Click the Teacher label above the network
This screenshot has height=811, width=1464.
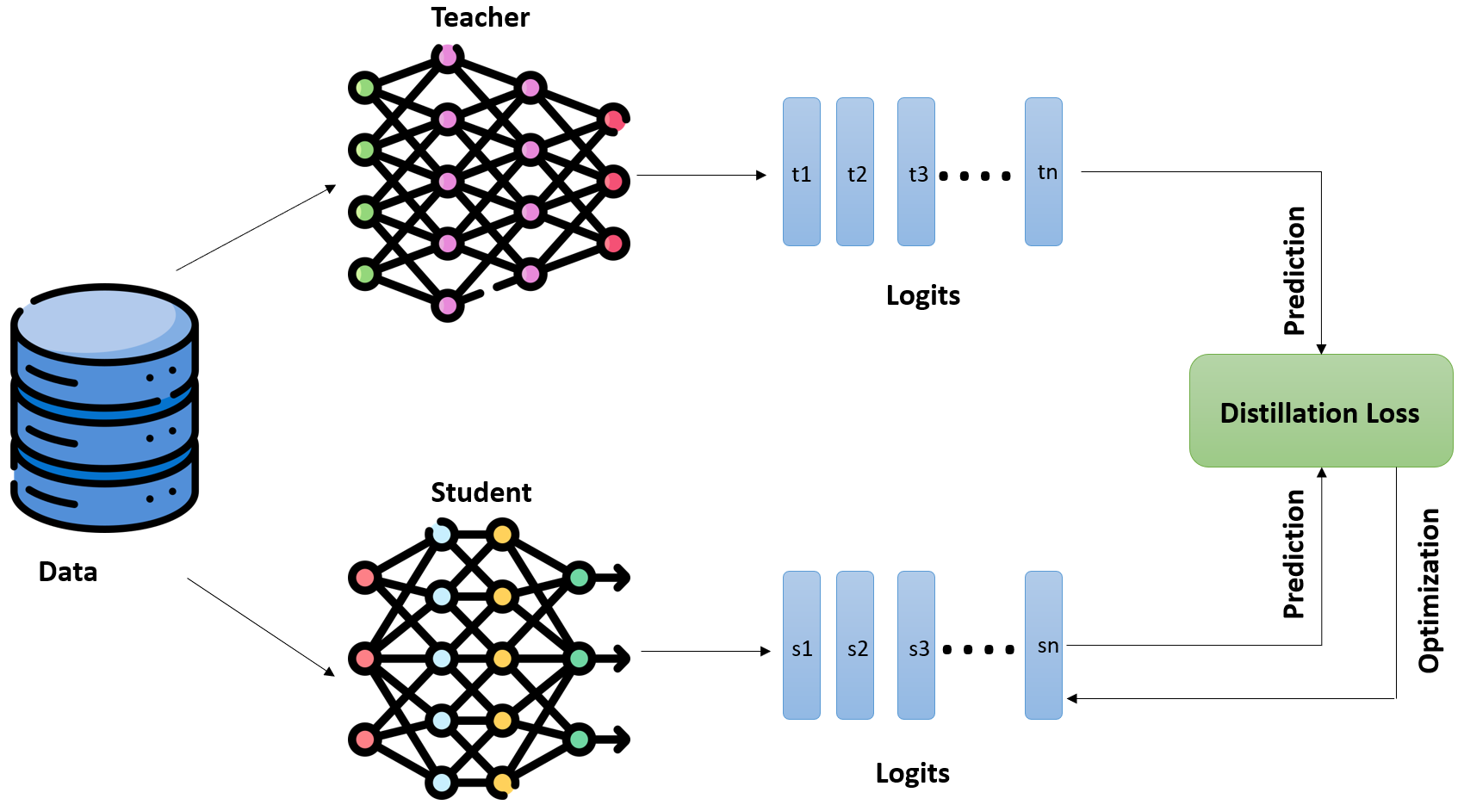(x=480, y=18)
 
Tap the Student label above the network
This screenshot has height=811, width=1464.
(x=481, y=492)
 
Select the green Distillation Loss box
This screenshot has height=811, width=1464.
(x=1320, y=412)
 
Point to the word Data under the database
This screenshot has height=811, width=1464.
(x=68, y=572)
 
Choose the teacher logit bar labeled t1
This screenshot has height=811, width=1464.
(x=801, y=172)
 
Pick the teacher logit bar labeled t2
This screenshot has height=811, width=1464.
(x=855, y=172)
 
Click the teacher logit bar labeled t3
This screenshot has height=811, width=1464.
(x=916, y=172)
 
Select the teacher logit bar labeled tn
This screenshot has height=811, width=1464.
(x=1044, y=172)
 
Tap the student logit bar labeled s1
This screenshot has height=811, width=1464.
(x=801, y=646)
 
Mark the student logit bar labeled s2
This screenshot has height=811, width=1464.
(x=855, y=646)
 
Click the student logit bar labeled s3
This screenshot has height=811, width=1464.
(x=916, y=646)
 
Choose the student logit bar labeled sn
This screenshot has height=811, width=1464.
(x=1044, y=646)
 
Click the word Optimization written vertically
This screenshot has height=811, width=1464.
(x=1430, y=591)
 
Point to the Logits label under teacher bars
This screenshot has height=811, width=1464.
(x=922, y=295)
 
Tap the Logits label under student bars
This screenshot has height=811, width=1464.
(x=912, y=773)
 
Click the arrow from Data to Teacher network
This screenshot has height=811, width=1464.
(x=256, y=227)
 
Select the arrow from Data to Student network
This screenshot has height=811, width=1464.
(x=261, y=627)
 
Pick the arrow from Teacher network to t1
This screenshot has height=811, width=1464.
(x=701, y=176)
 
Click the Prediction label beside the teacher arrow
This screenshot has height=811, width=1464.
(x=1294, y=270)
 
